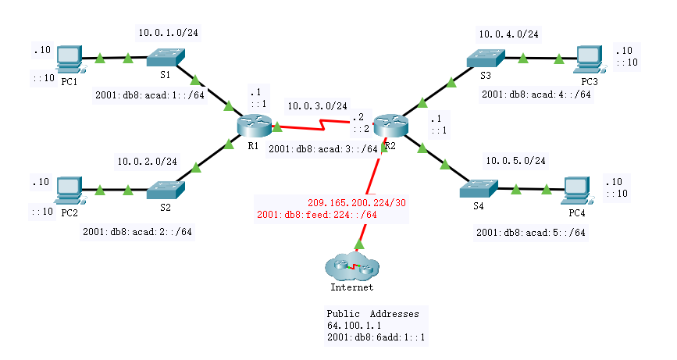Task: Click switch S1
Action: coord(166,59)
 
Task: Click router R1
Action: coord(253,123)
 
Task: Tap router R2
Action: coord(388,124)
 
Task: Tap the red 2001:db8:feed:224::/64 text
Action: coord(317,214)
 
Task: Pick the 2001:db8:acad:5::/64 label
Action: coord(531,232)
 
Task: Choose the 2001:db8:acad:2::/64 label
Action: coord(137,231)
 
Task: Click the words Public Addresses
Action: coord(372,313)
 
